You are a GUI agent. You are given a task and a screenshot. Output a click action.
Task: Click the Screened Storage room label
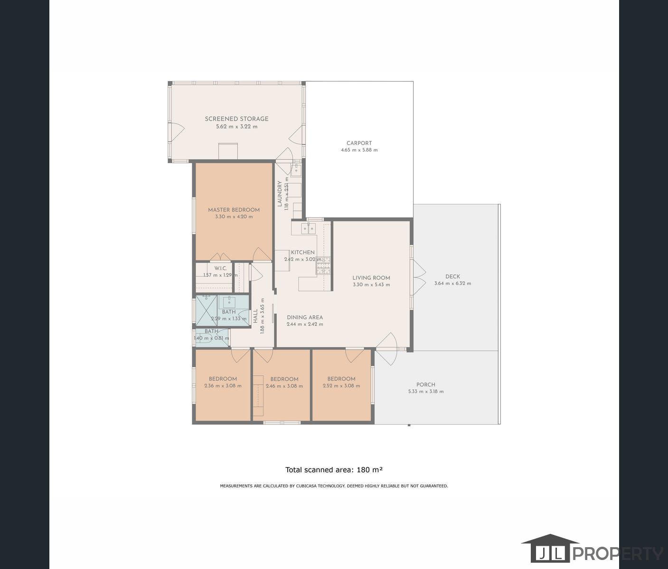[x=236, y=119]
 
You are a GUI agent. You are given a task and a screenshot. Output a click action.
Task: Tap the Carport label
[x=359, y=143]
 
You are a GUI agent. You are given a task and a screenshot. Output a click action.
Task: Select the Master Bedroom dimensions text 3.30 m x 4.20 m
[x=234, y=217]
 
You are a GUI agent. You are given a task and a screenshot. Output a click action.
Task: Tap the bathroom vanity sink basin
[x=229, y=301]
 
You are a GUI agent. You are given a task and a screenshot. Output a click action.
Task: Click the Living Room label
[x=371, y=278]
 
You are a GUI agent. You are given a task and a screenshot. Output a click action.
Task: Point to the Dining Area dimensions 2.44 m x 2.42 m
[x=304, y=324]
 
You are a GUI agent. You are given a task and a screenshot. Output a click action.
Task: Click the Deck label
[x=452, y=276]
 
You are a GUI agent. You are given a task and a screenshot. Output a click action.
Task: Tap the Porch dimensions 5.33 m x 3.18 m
[x=425, y=392]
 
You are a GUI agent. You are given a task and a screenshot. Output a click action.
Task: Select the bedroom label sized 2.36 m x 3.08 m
[x=223, y=379]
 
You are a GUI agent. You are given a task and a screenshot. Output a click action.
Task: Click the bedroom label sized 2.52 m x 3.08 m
[x=341, y=379]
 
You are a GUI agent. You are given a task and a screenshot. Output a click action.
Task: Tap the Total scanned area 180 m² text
[x=334, y=470]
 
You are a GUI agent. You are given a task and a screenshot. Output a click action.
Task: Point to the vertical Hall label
[x=255, y=316]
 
